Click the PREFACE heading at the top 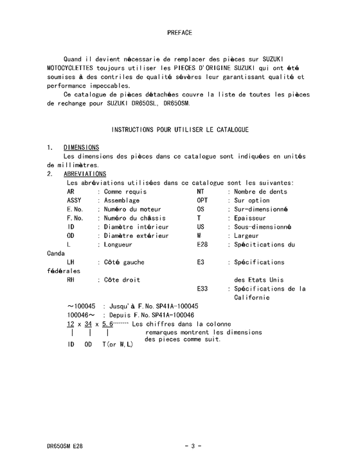point(179,31)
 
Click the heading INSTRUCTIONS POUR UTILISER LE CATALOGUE point(180,130)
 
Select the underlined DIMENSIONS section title point(81,148)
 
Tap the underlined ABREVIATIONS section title point(85,174)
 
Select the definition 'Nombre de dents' point(260,192)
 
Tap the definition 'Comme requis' point(125,192)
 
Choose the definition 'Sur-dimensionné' point(262,210)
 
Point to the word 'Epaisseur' point(251,219)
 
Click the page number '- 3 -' point(193,445)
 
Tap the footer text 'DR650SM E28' point(64,445)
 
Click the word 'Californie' point(256,298)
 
